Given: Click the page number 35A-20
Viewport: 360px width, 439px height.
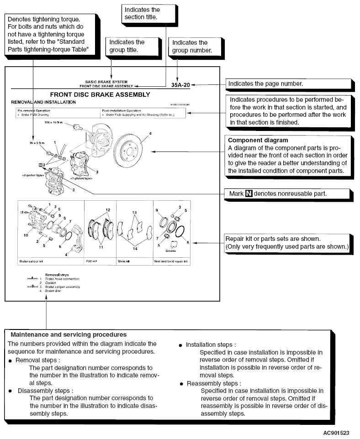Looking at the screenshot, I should tap(180, 84).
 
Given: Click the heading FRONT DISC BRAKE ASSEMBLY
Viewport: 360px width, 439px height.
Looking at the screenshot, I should tap(106, 94).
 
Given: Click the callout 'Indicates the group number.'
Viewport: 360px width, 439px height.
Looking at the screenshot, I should tap(191, 47).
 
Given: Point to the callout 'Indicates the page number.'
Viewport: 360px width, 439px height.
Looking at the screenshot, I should tap(289, 84).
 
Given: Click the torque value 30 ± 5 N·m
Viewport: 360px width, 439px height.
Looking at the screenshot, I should tap(34, 143).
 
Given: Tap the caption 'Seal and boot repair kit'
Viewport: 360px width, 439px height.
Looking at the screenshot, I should tap(171, 262).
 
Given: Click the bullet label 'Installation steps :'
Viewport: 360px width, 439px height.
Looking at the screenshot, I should tap(211, 345).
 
